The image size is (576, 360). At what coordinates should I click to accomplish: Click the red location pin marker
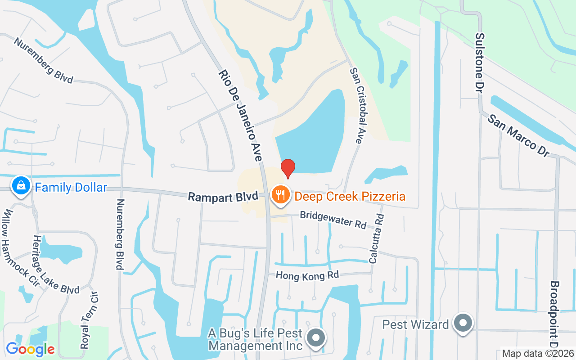(288, 168)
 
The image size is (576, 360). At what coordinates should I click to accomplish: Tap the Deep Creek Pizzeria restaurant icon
(280, 195)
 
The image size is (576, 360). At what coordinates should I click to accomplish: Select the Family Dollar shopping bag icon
(21, 185)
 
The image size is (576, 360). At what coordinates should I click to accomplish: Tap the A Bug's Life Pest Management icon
(316, 337)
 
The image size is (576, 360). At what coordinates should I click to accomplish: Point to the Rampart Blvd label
(223, 197)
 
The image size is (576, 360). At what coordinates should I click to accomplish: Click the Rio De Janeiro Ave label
(240, 115)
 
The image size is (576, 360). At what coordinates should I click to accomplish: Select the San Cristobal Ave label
(356, 105)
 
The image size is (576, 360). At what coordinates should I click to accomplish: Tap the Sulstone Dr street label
(480, 63)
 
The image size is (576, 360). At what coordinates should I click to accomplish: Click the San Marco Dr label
(518, 135)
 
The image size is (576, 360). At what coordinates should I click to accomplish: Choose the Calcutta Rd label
(376, 238)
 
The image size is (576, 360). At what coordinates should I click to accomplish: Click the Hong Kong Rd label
(307, 275)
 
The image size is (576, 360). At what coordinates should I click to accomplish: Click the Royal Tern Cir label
(90, 319)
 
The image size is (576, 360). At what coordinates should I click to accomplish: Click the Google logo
(30, 349)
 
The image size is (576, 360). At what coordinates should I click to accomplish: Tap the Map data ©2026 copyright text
(538, 354)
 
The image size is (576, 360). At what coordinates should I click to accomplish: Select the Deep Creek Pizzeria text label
(350, 197)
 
